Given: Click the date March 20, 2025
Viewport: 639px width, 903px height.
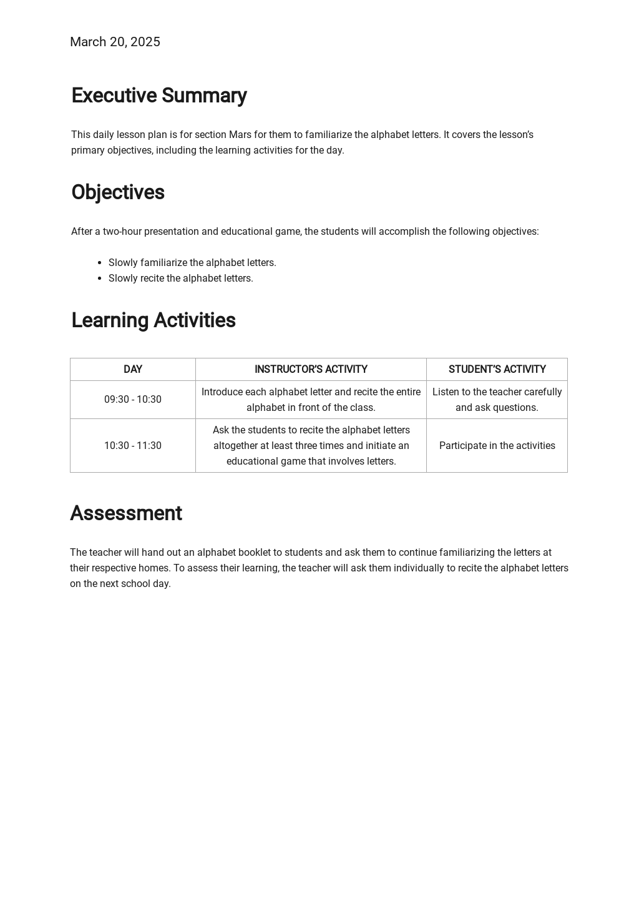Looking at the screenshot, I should pos(115,42).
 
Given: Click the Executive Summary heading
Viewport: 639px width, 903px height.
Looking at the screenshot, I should pos(159,96).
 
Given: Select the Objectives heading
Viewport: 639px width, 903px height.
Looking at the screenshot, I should pos(117,192).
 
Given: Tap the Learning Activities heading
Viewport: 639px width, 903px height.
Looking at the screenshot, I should pos(153,320).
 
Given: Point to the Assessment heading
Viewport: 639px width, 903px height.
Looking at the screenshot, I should pos(125,513).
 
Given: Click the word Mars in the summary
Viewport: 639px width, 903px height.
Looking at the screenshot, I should pos(240,135).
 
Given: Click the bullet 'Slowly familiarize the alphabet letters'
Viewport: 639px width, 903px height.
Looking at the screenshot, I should pos(192,263).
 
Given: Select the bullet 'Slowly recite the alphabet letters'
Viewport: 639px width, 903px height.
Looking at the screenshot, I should pos(180,279).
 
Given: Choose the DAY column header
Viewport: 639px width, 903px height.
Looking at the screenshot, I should pos(133,370).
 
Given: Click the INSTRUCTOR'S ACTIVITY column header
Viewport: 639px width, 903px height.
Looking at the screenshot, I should pos(311,370).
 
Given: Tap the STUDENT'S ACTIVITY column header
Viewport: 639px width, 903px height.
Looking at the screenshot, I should pos(497,370).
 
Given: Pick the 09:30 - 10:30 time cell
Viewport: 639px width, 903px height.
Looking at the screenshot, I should pos(133,400).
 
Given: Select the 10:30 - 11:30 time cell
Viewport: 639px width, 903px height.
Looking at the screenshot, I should pos(133,446).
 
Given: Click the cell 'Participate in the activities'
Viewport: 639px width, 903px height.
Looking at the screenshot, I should pos(497,446).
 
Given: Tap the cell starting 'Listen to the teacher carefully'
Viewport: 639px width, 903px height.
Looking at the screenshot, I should pos(497,400).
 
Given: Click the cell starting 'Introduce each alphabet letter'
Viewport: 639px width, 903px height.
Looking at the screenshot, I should pos(311,400).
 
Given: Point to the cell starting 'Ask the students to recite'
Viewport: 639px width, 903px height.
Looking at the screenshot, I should pos(311,446).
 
